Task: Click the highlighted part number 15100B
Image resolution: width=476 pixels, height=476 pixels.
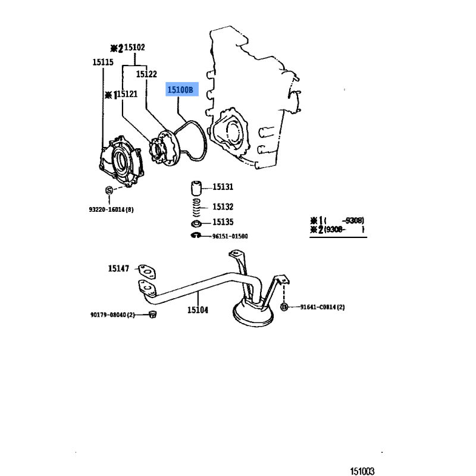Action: pos(180,90)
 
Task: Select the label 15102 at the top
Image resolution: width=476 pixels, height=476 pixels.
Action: pos(132,47)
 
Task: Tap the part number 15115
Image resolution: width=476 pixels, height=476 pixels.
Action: pos(102,61)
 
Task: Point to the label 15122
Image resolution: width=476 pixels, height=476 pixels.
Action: pos(146,74)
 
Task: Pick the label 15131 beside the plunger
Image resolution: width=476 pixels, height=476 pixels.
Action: pos(223,187)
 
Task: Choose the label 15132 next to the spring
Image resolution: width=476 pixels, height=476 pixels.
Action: pos(223,206)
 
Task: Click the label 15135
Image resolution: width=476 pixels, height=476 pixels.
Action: pos(223,223)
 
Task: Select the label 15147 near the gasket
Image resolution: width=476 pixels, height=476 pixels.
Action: pos(118,268)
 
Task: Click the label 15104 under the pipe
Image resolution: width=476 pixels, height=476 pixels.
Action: pos(198,309)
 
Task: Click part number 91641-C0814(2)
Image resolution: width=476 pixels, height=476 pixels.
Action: pos(322,307)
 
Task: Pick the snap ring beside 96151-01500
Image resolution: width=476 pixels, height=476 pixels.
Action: pos(194,236)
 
